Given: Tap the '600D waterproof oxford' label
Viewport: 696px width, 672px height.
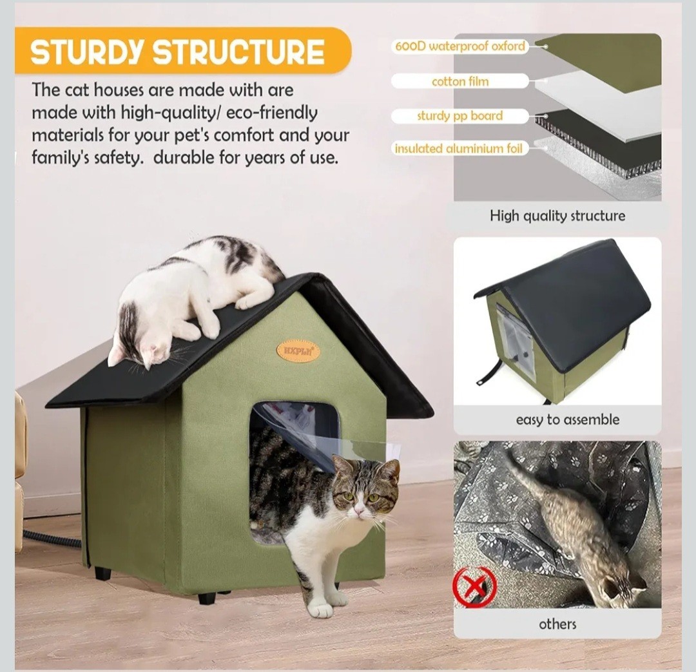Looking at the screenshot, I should (459, 46).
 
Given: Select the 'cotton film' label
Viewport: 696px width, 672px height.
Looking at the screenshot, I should (459, 81).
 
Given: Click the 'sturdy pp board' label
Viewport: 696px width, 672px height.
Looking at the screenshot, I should (459, 116).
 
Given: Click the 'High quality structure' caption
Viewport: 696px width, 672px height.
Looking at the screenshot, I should (557, 216).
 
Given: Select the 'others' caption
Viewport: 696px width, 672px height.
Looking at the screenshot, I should (557, 624).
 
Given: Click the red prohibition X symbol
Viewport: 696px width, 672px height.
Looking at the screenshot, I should (475, 586).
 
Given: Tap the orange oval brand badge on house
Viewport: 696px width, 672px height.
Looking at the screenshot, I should (298, 350).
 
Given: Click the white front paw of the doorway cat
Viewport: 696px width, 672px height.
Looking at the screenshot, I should (320, 606).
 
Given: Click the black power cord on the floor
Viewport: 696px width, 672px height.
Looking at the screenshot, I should (52, 539).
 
